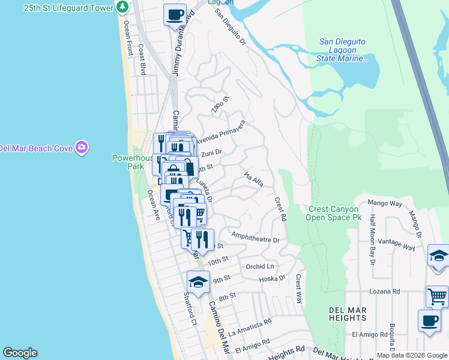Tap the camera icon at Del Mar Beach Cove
pyautogui.click(x=82, y=148)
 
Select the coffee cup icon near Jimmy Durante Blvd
pyautogui.click(x=175, y=14)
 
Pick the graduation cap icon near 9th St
pyautogui.click(x=198, y=281)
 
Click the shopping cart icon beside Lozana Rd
pyautogui.click(x=437, y=296)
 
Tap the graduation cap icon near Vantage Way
pyautogui.click(x=439, y=256)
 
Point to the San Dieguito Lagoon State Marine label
pyautogui.click(x=342, y=50)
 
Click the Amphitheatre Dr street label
pyautogui.click(x=255, y=239)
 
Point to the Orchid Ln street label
pyautogui.click(x=259, y=266)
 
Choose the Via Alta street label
pyautogui.click(x=254, y=178)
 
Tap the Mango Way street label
pyautogui.click(x=387, y=203)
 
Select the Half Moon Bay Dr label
pyautogui.click(x=372, y=240)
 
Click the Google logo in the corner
pyautogui.click(x=20, y=353)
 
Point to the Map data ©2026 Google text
pyautogui.click(x=411, y=355)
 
